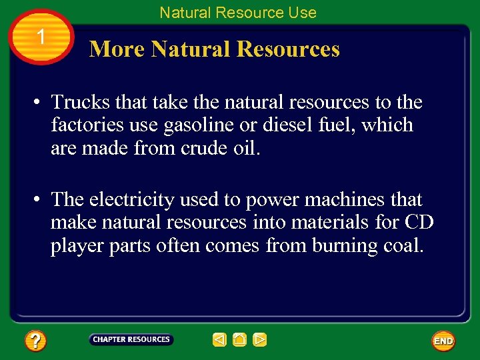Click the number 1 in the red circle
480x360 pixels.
pyautogui.click(x=41, y=37)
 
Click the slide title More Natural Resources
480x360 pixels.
pyautogui.click(x=214, y=49)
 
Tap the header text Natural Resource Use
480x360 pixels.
pyautogui.click(x=238, y=12)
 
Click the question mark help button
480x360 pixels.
pyautogui.click(x=35, y=341)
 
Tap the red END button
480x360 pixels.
pyautogui.click(x=443, y=341)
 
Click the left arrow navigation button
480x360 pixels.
pyautogui.click(x=219, y=340)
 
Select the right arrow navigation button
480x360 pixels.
pyautogui.click(x=260, y=340)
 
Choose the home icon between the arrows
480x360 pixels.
pyautogui.click(x=240, y=340)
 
